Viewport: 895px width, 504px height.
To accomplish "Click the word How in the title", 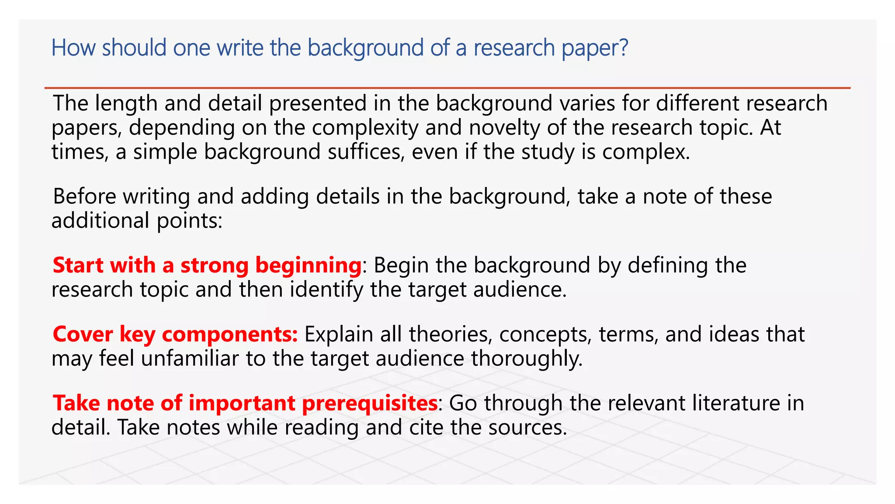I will click(73, 48).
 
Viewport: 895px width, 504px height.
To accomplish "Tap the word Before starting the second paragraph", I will click(84, 196).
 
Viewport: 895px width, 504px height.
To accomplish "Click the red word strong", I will click(214, 266).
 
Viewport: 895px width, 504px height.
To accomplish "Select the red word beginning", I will click(308, 266).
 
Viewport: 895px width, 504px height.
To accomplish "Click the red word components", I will click(230, 335).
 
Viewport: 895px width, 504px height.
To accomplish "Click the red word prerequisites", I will click(370, 403).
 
